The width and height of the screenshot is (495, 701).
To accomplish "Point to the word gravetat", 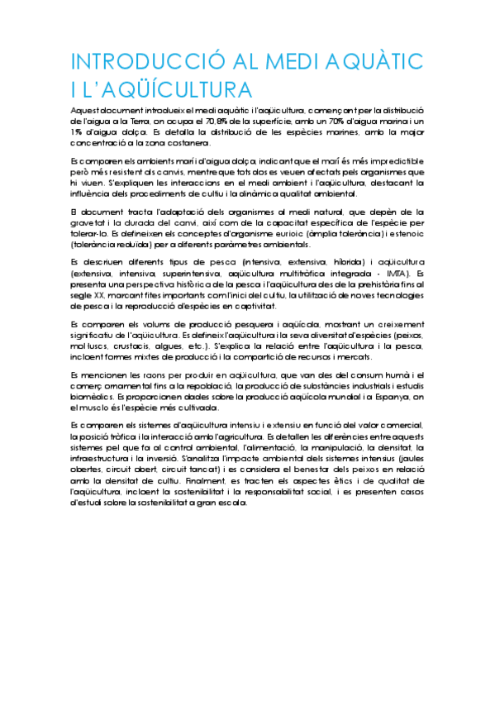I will click(89, 223).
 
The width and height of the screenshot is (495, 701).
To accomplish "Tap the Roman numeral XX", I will click(93, 295).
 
